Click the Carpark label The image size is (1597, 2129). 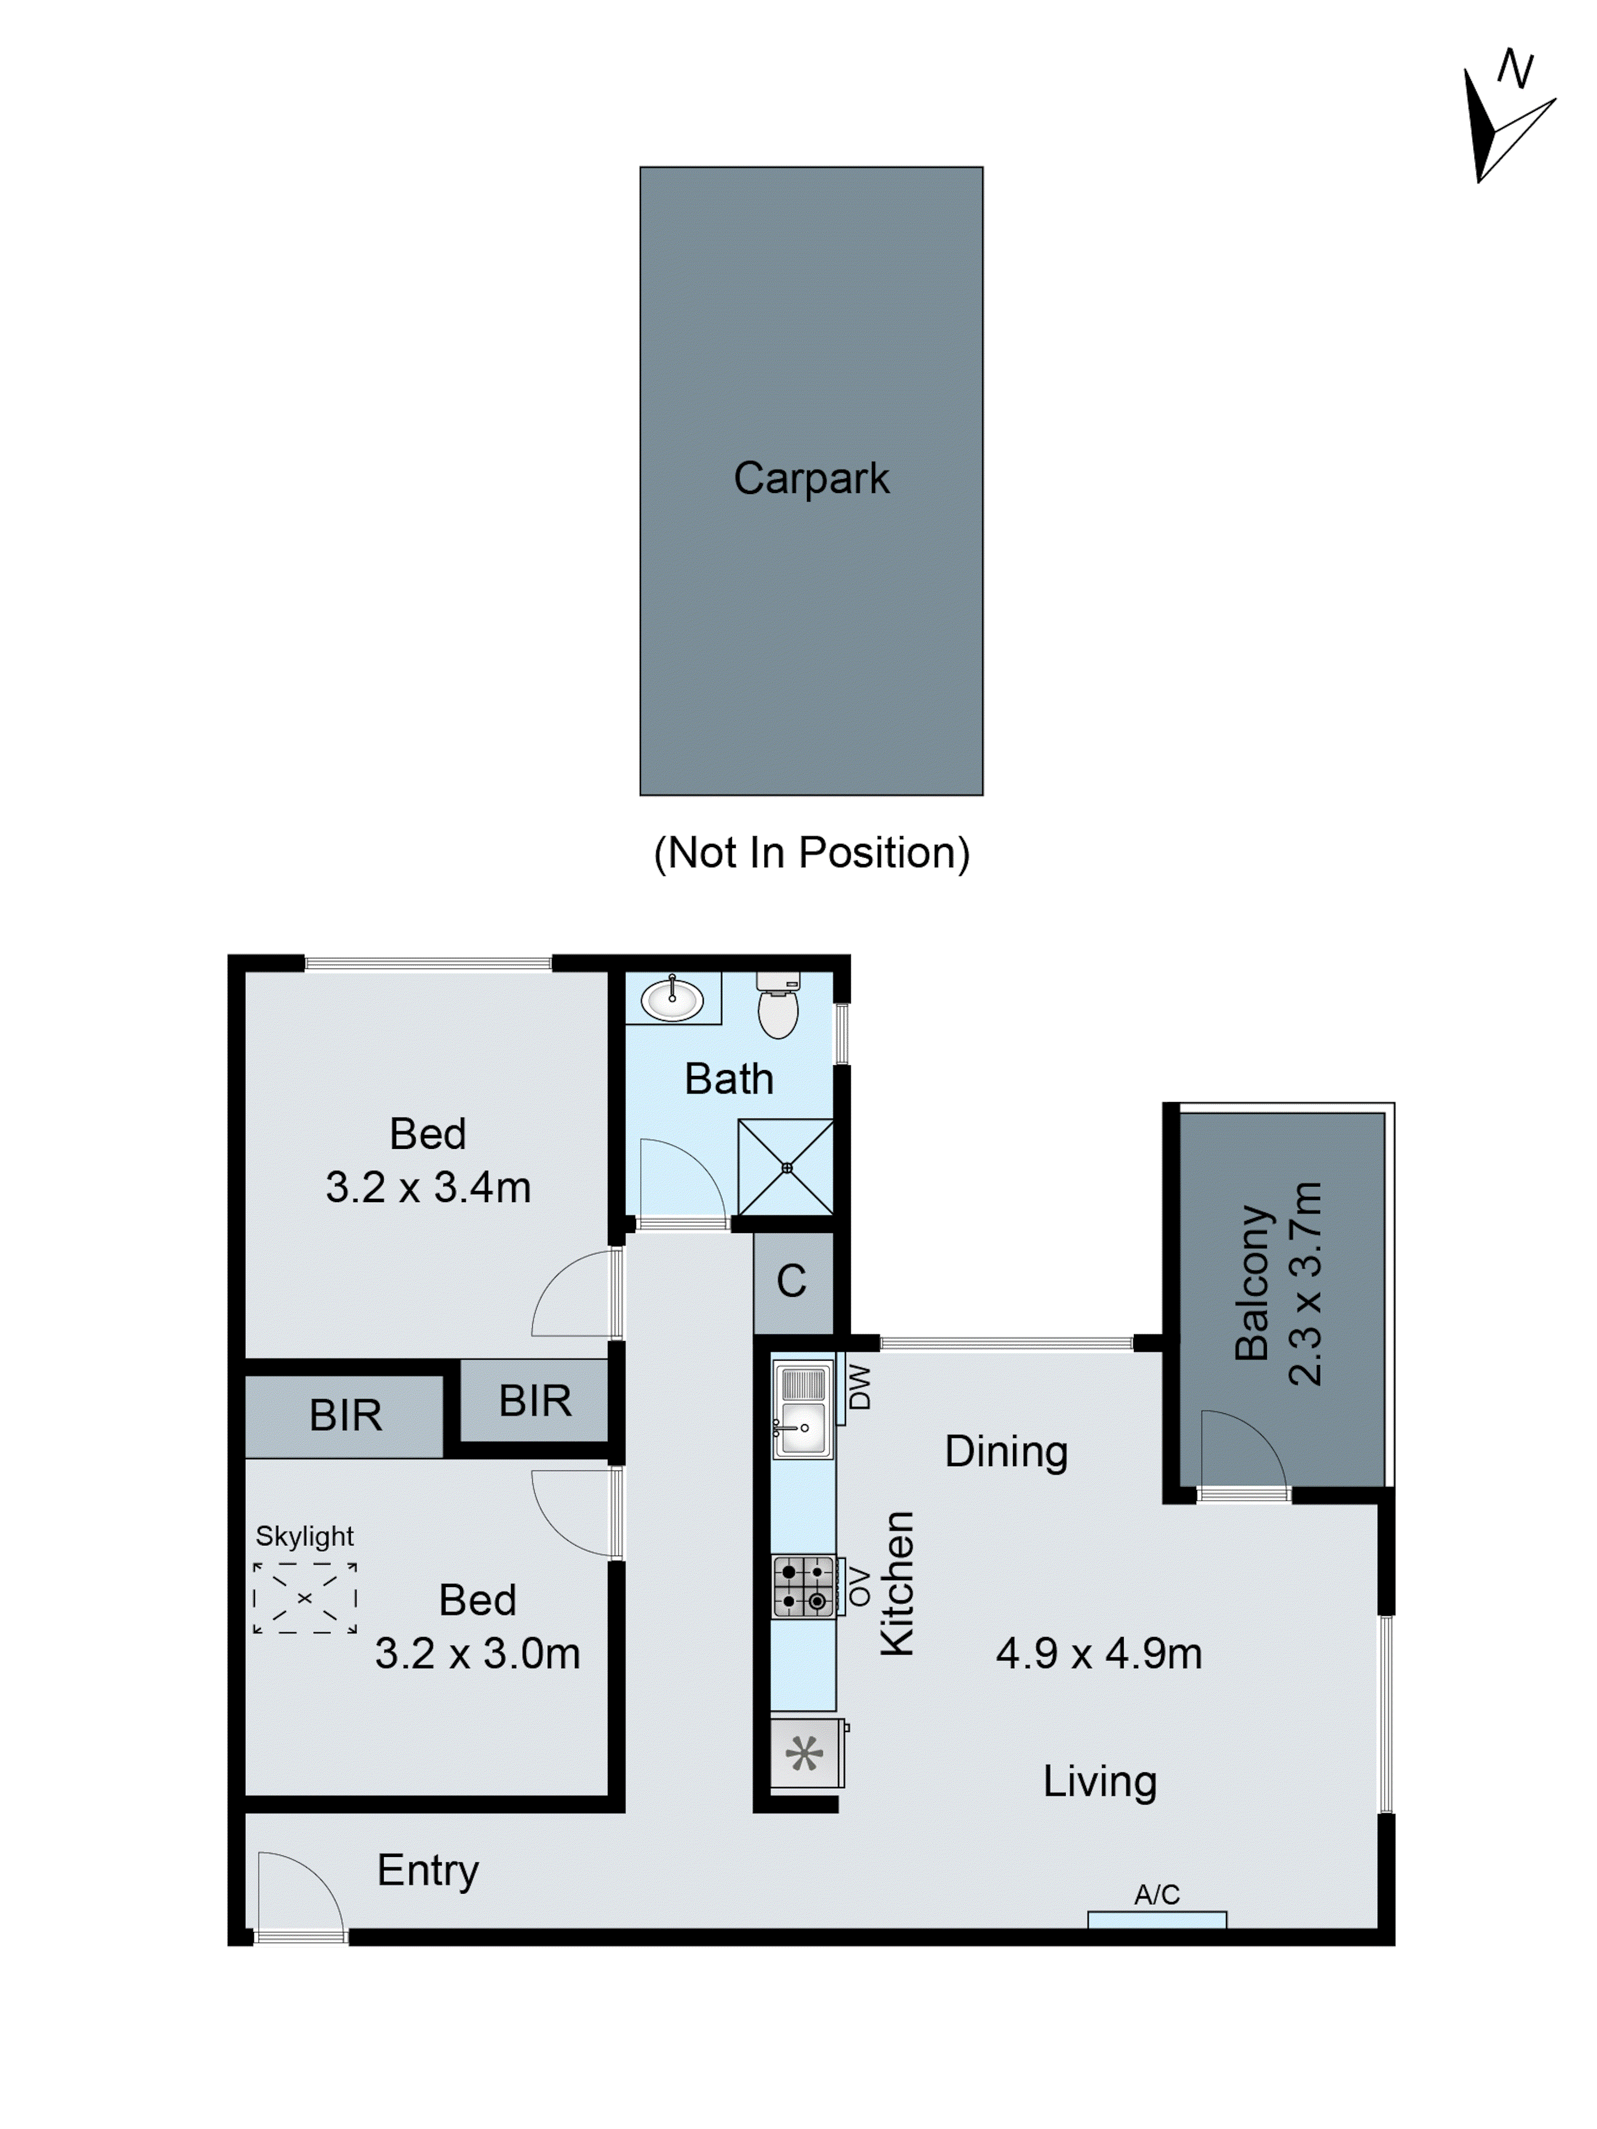click(x=811, y=479)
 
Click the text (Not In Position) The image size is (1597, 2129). click(x=811, y=853)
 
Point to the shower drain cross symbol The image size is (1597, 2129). click(x=786, y=1168)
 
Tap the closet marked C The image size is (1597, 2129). click(x=791, y=1281)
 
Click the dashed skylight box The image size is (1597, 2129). click(x=304, y=1598)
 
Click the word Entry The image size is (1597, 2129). click(x=427, y=1870)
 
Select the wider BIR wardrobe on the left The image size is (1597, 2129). click(x=344, y=1416)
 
